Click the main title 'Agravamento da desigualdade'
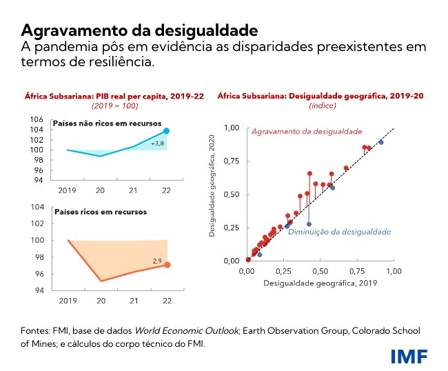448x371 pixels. click(x=140, y=31)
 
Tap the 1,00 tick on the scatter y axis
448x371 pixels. click(x=232, y=128)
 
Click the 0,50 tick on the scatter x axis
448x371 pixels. click(x=320, y=272)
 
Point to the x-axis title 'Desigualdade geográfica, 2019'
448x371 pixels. click(x=318, y=283)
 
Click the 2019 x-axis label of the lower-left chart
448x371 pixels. click(x=68, y=301)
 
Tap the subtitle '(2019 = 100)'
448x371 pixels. click(x=114, y=106)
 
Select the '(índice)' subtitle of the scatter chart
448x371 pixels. click(x=320, y=106)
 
